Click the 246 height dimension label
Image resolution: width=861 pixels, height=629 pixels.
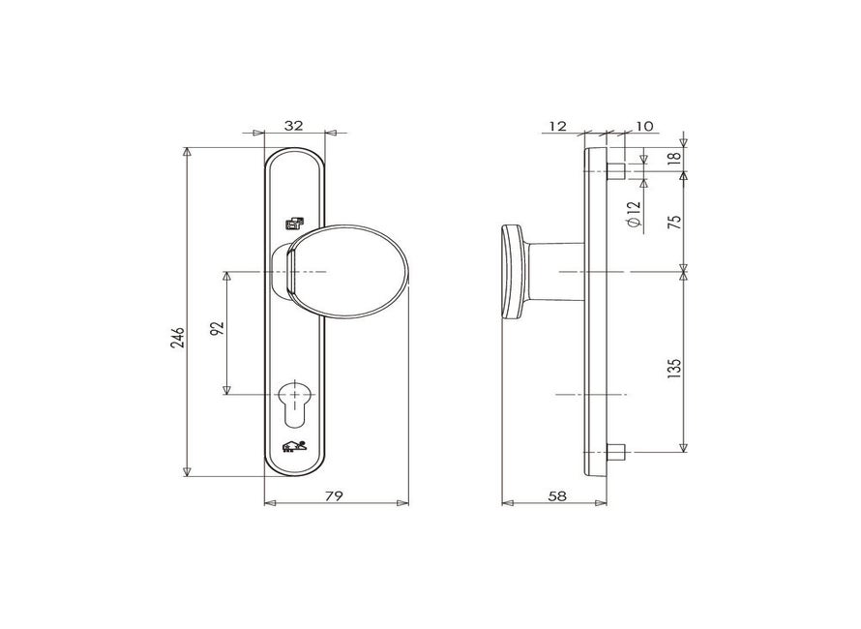point(177,336)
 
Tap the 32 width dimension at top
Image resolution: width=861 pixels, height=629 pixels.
point(294,125)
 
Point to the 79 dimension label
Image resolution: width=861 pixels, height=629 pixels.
point(333,495)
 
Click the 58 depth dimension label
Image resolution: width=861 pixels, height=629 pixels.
point(556,495)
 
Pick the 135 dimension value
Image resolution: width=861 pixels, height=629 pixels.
point(674,368)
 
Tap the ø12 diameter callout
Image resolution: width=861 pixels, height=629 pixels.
point(633,215)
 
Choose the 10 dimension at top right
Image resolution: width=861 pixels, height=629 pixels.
point(645,125)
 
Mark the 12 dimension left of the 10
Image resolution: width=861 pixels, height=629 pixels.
point(556,125)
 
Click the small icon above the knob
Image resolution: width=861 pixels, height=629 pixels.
point(294,224)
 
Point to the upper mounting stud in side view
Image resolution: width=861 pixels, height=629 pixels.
point(615,172)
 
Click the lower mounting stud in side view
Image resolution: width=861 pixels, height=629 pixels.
point(615,451)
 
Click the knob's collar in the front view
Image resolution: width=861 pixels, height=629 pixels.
point(286,272)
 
